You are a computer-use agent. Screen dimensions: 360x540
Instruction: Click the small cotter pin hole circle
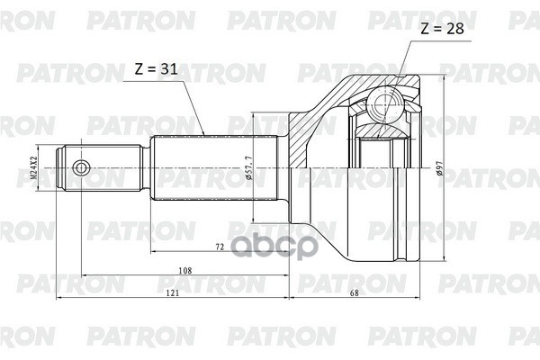point(82,166)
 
